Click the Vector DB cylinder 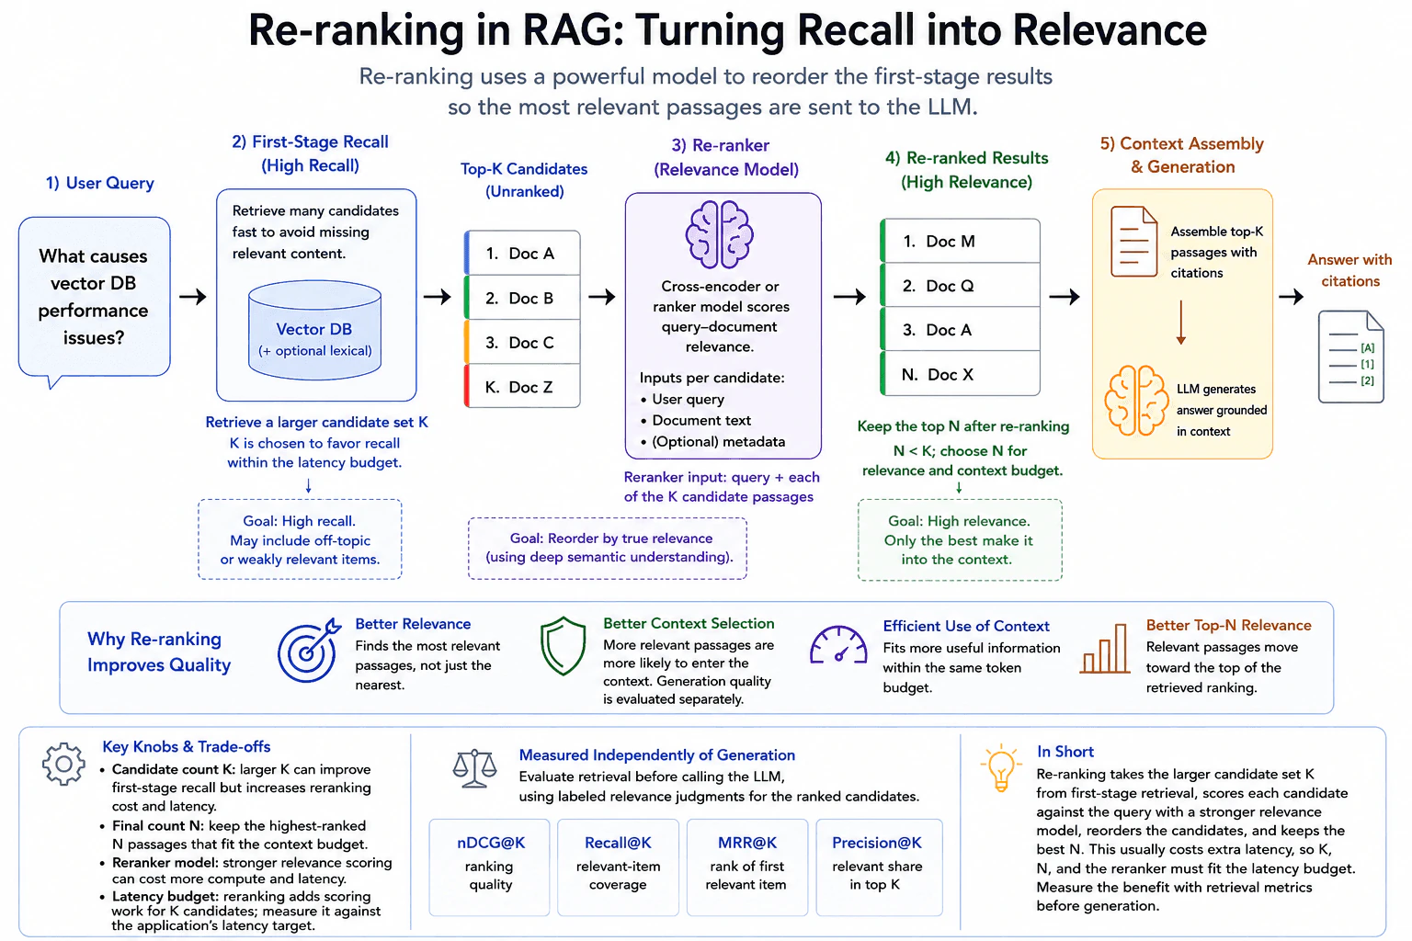coord(314,330)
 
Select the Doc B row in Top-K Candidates coord(522,298)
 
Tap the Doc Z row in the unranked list coord(522,386)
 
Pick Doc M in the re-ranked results coord(960,241)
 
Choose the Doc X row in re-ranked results coord(960,374)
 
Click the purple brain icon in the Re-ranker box coord(720,234)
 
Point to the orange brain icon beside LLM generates coord(1136,401)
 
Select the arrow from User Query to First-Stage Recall coord(193,296)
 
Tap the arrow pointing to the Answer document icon coord(1291,296)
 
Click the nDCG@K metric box coord(490,867)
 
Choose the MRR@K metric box coord(747,867)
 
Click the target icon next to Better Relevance coord(309,650)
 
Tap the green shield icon coord(563,646)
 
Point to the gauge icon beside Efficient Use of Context coord(838,645)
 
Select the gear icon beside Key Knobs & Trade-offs coord(63,764)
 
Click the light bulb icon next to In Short coord(1000,767)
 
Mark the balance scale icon coord(474,768)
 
